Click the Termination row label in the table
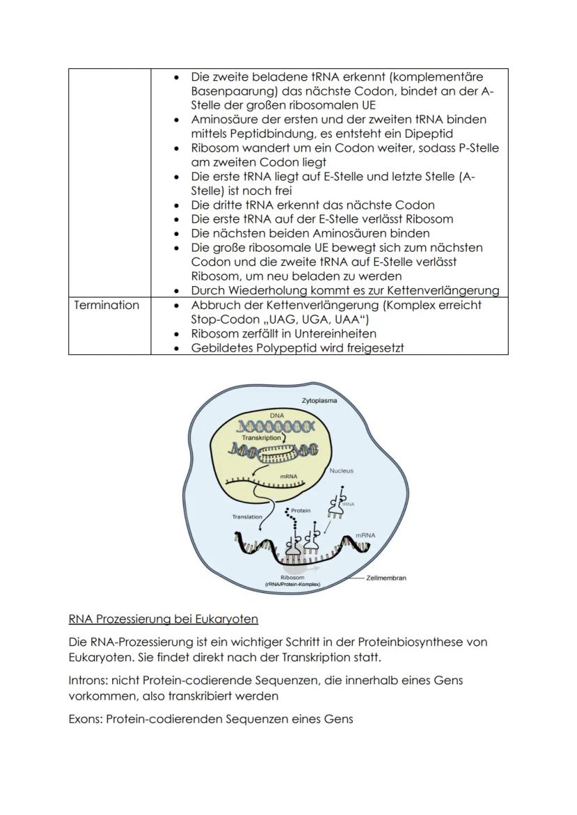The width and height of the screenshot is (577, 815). point(107,305)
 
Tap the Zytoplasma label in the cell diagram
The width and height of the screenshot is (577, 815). point(319,402)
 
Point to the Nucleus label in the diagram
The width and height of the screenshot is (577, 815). point(341,471)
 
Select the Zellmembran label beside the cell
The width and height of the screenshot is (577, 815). point(386,578)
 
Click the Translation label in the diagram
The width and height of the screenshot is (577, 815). point(247,517)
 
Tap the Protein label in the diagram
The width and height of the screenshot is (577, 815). point(300,510)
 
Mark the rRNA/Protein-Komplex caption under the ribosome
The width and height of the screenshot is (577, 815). point(292,585)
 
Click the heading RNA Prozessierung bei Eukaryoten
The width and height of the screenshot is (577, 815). point(164,619)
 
